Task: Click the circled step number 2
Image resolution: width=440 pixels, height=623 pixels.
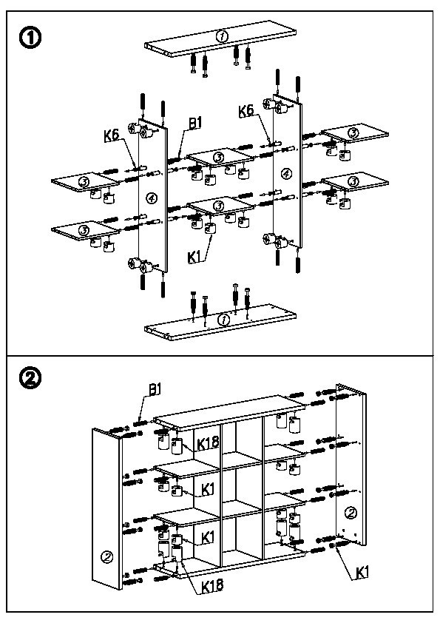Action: click(30, 378)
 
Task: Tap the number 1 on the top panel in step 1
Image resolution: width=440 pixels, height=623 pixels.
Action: click(222, 36)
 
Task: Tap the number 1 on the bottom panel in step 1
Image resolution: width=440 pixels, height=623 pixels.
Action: click(224, 319)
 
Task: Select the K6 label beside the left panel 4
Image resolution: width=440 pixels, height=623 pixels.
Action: click(112, 135)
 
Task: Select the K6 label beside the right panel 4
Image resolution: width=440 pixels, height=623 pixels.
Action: click(246, 111)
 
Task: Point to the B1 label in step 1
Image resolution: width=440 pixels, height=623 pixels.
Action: click(194, 124)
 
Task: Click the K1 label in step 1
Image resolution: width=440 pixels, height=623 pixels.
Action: click(194, 257)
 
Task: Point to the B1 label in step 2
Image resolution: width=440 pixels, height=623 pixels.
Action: click(155, 389)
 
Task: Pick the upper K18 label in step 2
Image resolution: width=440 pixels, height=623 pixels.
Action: click(208, 443)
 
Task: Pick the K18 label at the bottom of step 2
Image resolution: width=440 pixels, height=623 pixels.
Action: click(212, 585)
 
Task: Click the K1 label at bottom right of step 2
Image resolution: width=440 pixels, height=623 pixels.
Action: click(362, 573)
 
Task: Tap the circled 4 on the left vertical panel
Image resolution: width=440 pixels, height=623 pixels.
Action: click(152, 198)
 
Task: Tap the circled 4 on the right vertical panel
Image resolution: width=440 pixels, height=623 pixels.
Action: click(286, 173)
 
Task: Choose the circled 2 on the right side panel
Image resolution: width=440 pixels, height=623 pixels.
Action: click(351, 513)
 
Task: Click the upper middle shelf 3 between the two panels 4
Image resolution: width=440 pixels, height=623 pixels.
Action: click(220, 158)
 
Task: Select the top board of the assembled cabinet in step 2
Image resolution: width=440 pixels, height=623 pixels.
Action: click(229, 413)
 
